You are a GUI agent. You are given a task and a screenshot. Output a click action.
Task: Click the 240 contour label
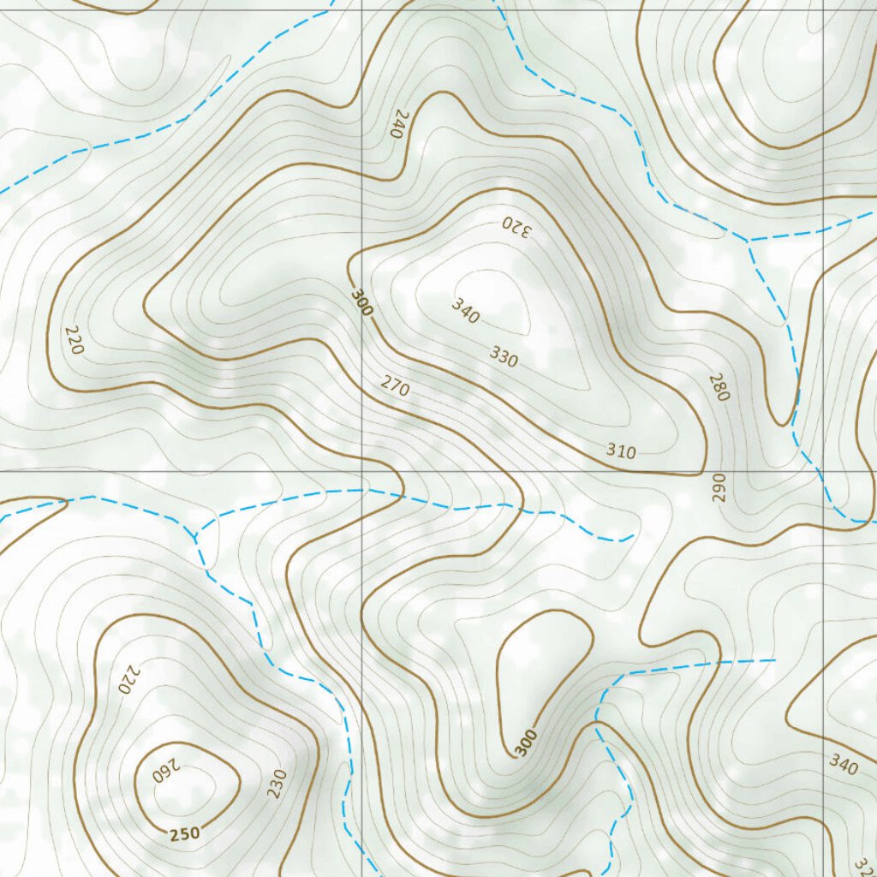[x=395, y=125]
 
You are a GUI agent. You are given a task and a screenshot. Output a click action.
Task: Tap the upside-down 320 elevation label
[x=516, y=227]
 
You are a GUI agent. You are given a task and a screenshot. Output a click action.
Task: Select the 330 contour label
[x=504, y=356]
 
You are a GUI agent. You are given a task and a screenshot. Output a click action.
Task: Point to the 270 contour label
[x=395, y=386]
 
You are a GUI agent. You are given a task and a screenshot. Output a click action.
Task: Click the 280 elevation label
[x=719, y=387]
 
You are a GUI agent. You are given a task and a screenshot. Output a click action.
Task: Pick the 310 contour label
[x=621, y=451]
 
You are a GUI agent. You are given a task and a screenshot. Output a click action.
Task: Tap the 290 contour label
[x=718, y=486]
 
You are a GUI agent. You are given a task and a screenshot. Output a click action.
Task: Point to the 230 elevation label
[x=277, y=784]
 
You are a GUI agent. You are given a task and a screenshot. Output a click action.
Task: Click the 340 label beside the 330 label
[x=465, y=312]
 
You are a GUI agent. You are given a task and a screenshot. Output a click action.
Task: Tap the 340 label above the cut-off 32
[x=843, y=765]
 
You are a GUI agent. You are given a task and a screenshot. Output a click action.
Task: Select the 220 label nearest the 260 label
[x=127, y=680]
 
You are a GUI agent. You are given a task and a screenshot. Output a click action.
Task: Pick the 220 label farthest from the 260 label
[x=75, y=341]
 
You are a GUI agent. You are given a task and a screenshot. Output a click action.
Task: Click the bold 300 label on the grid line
[x=361, y=302]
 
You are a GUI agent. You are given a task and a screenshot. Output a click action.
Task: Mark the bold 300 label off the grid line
[x=526, y=742]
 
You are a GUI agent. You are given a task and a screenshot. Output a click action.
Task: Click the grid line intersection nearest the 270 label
[x=362, y=471]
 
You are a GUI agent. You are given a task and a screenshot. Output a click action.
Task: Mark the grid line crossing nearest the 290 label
[x=824, y=471]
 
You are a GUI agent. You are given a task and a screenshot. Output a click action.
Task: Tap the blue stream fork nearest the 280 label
[x=749, y=241]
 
